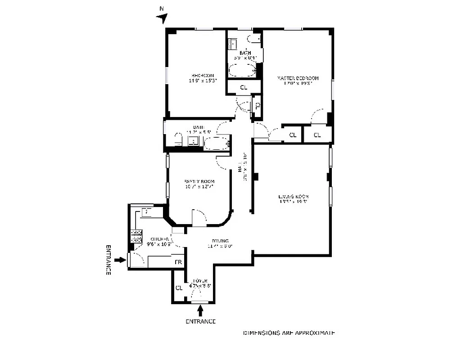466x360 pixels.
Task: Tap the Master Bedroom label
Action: click(x=298, y=78)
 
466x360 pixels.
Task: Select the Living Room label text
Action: click(x=293, y=197)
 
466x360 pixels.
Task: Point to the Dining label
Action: click(x=218, y=241)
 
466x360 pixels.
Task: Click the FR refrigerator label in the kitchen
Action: click(x=178, y=262)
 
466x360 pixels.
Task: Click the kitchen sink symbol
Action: click(x=147, y=211)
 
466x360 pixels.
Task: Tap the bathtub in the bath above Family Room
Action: click(x=217, y=144)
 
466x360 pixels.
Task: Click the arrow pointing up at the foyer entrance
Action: click(x=200, y=310)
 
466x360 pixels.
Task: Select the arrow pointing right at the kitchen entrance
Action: click(x=120, y=260)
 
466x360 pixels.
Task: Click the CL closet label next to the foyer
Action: click(x=179, y=288)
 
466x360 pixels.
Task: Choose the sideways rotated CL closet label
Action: click(x=258, y=106)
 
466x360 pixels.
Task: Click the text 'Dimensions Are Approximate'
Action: click(x=289, y=333)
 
